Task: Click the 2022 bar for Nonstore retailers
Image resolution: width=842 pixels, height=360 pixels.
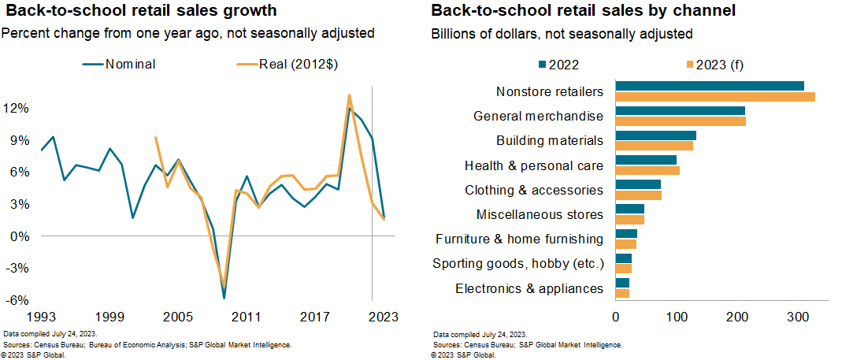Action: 709,86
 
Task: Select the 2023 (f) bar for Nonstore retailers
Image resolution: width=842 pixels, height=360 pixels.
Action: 714,97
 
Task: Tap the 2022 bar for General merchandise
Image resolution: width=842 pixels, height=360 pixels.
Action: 680,110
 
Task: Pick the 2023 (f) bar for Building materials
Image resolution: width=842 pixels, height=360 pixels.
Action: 654,146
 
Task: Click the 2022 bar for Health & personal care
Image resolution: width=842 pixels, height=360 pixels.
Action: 646,160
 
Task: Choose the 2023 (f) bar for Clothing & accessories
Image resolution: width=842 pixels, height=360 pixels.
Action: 638,195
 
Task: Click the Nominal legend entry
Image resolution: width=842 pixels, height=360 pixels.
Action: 120,65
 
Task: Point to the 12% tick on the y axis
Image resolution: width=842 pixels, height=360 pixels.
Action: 18,107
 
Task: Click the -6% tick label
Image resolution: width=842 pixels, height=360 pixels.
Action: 18,301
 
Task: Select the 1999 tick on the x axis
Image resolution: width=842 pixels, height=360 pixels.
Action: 109,317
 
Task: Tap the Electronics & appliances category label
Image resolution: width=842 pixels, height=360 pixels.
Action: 529,288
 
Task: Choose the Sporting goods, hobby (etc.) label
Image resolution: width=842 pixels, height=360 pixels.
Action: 518,263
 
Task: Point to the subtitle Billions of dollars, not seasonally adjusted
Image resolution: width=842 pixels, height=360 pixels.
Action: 562,34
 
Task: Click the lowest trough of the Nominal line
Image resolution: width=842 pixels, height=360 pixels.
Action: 224,298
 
